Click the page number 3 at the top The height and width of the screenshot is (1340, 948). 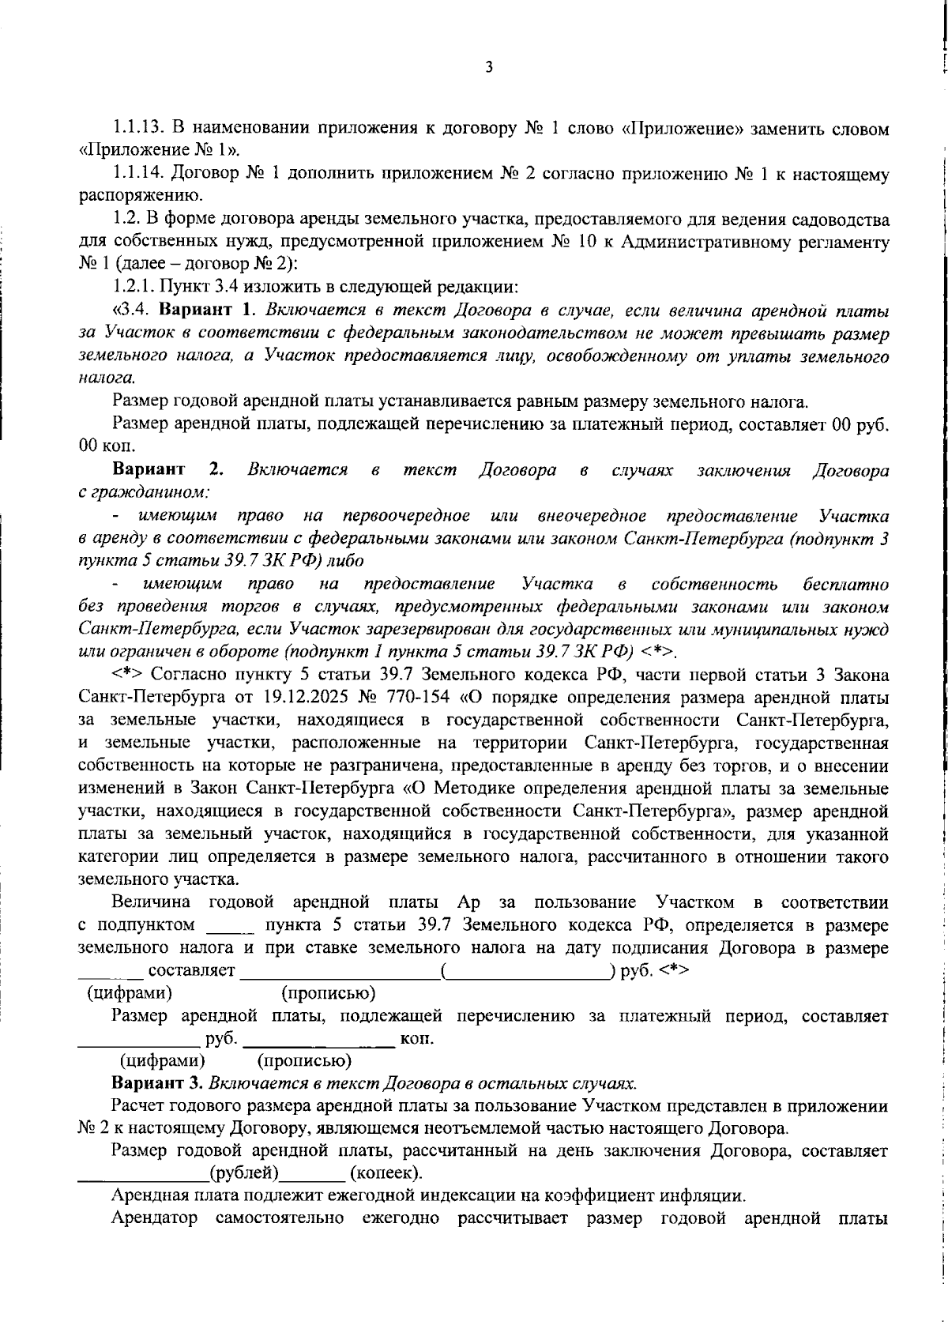(x=488, y=68)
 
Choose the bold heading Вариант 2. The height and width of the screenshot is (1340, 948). (x=168, y=471)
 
